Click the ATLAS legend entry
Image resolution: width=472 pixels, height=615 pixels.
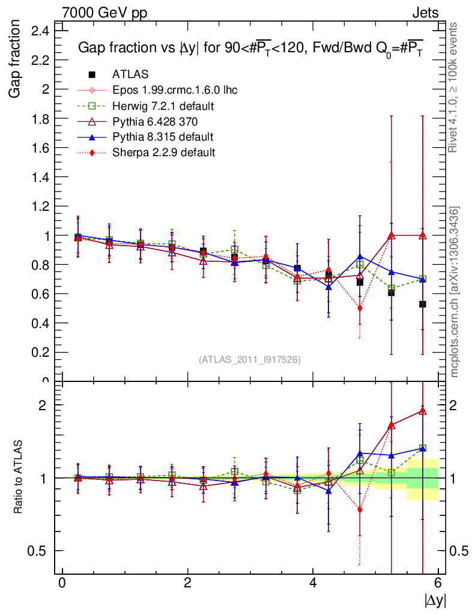point(130,74)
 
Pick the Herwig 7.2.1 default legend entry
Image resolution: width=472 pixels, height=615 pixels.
point(164,106)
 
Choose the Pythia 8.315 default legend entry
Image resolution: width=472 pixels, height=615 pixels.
point(163,137)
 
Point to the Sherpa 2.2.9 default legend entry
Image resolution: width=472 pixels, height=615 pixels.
point(163,153)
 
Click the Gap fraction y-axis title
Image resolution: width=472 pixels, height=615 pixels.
point(16,61)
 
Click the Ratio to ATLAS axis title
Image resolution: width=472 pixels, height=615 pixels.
point(18,477)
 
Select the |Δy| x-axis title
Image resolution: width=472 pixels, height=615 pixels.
point(435,599)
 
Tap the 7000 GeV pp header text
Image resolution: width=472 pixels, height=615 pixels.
point(105,13)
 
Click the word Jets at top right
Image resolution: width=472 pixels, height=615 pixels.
point(425,13)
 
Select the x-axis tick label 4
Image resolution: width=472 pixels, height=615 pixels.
point(313,583)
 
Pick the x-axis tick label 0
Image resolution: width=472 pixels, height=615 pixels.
point(62,583)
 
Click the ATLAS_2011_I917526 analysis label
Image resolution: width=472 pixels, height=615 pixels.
point(250,359)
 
